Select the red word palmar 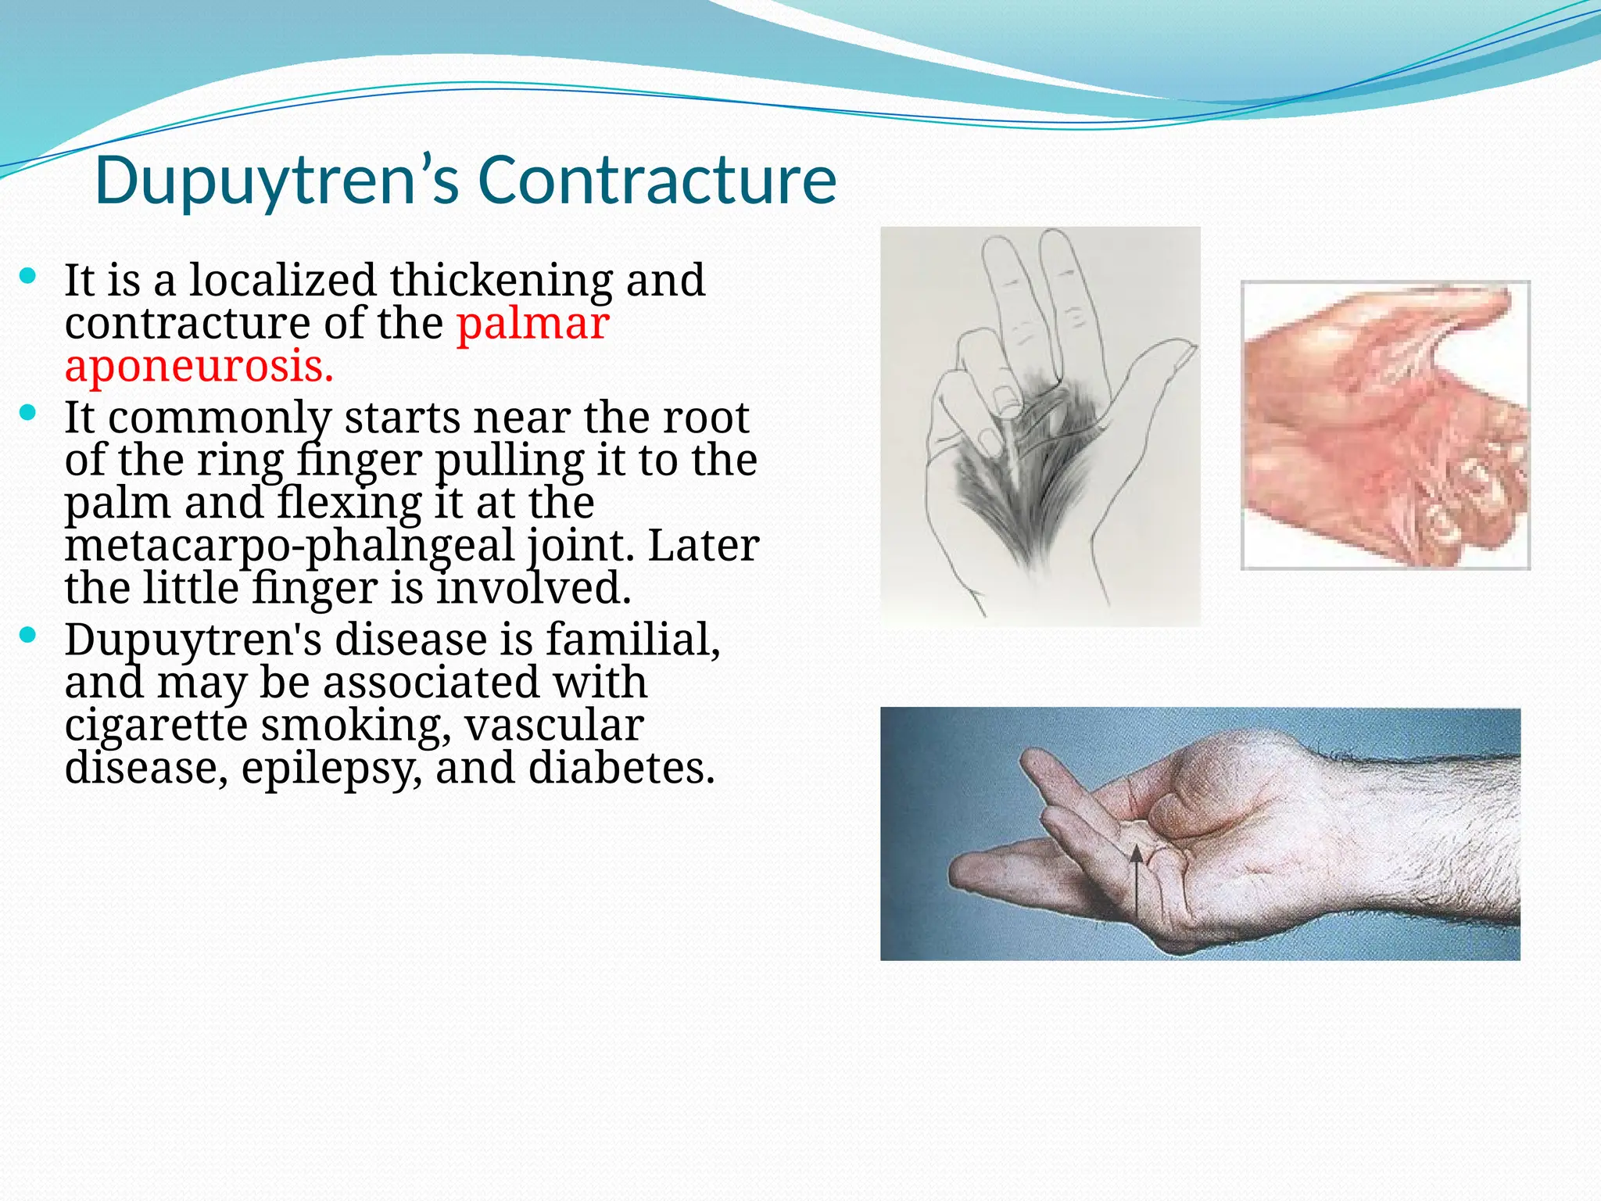(x=532, y=323)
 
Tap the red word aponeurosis (x=199, y=366)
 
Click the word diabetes (x=621, y=768)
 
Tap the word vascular (x=554, y=725)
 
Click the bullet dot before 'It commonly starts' (x=28, y=413)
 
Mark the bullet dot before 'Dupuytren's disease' (x=28, y=635)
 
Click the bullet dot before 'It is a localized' (x=28, y=275)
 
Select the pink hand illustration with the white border (x=1385, y=425)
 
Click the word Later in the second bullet (x=704, y=545)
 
